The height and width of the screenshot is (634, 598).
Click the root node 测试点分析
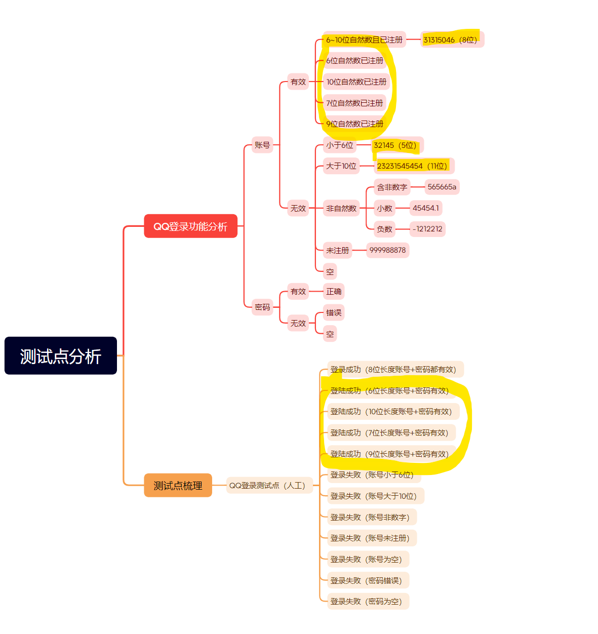61,355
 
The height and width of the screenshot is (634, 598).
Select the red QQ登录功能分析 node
190,226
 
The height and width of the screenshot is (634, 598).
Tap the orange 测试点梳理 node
178,486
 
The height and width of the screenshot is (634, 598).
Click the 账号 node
262,145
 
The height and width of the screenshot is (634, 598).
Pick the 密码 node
262,307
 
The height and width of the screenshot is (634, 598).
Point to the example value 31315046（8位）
451,39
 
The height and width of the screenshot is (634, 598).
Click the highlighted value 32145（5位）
395,145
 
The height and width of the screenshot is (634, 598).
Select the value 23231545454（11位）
412,166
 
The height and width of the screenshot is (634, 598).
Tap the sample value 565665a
442,187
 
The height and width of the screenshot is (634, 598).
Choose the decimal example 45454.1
426,208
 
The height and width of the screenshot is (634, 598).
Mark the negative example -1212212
427,229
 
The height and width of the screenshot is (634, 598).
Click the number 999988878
387,250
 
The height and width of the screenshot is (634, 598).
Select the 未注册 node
337,250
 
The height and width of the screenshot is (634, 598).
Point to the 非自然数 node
341,208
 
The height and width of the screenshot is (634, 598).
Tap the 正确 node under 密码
334,292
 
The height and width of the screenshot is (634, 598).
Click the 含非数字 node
392,187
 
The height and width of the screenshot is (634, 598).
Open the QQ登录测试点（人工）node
268,486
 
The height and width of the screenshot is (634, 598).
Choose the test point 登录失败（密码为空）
366,602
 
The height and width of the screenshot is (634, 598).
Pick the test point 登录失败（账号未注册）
370,538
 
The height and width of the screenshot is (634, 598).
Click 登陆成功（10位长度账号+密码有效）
391,412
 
